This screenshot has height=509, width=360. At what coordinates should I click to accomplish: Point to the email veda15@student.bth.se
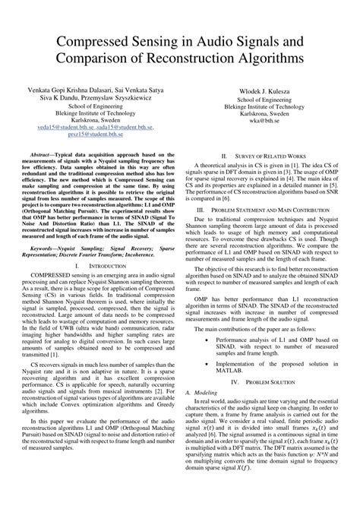[69, 127]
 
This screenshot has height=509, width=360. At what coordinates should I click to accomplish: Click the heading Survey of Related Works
[274, 153]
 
